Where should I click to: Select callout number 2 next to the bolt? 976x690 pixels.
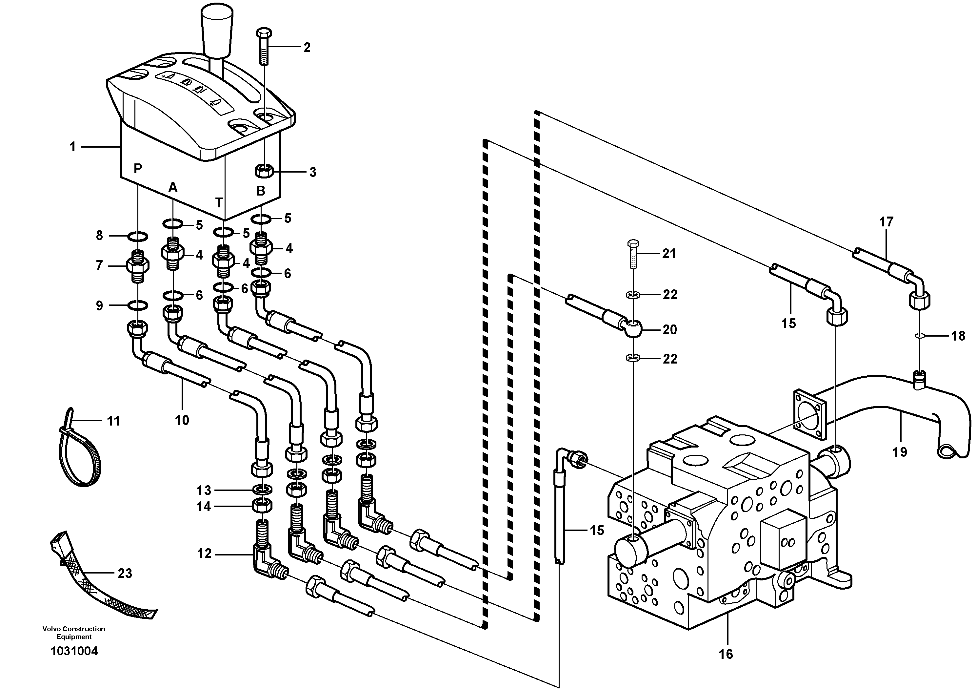coord(307,48)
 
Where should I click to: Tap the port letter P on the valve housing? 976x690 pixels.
coord(137,169)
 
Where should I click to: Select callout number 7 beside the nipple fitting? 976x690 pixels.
coord(99,266)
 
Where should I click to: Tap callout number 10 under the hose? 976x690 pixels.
coord(182,420)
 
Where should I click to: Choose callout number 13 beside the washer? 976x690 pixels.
coord(204,491)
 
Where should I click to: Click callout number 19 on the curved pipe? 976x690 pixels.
coord(900,452)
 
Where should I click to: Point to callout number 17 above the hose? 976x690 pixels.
coord(886,222)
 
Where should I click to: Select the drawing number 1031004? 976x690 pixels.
coord(74,651)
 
